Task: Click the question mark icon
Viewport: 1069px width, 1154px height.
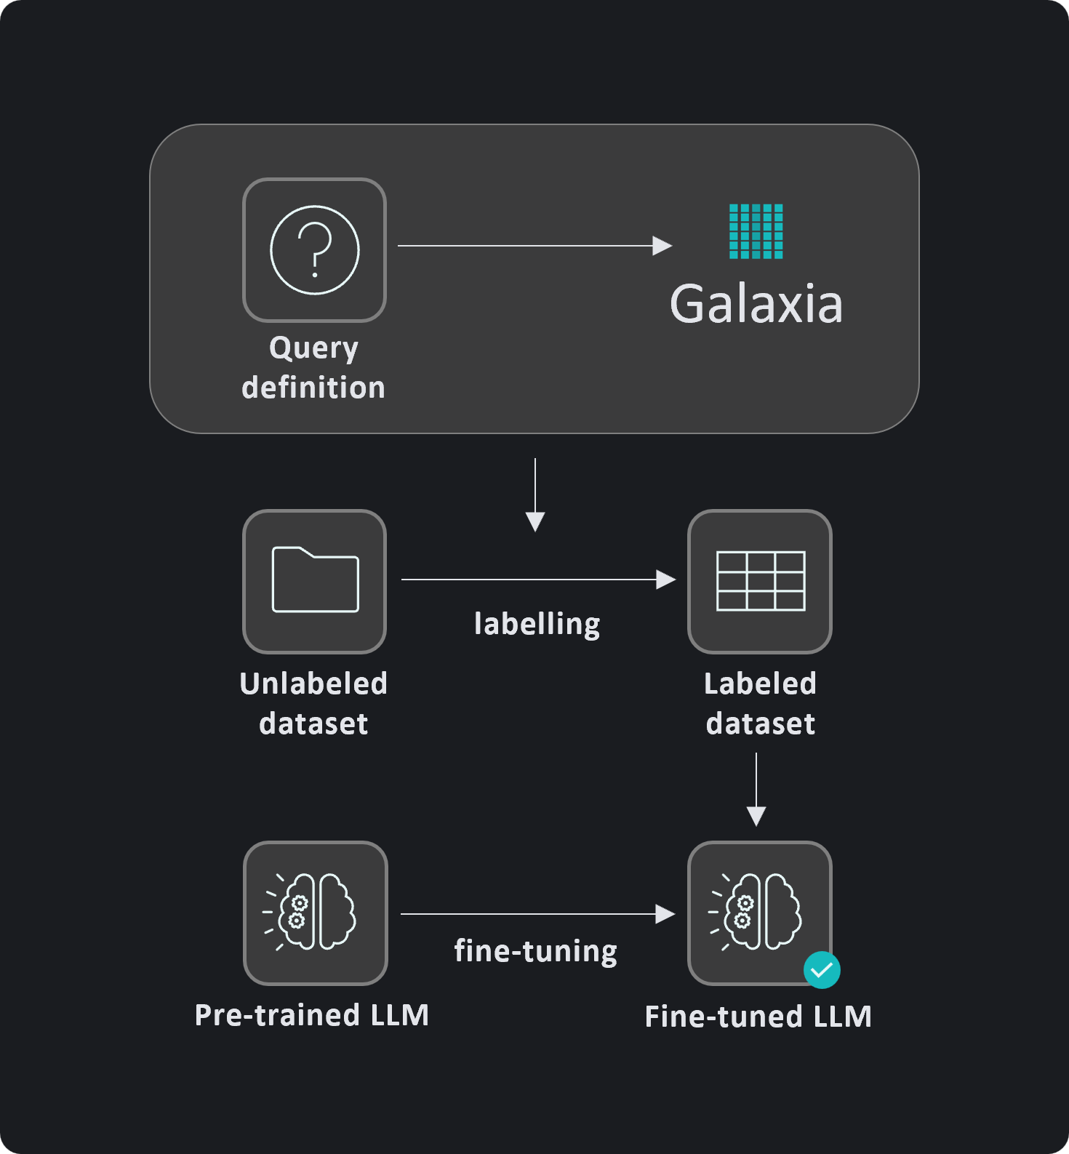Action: [314, 249]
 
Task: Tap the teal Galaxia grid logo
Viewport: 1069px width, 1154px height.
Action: [756, 231]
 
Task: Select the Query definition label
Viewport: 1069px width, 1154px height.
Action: [313, 367]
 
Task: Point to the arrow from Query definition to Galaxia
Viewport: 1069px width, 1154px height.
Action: [534, 246]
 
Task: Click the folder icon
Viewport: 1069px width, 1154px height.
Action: [315, 580]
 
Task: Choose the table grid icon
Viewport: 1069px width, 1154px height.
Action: [760, 581]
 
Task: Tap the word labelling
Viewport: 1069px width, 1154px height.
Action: [537, 624]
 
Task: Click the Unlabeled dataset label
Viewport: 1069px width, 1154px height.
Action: [313, 703]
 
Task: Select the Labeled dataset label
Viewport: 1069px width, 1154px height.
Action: [760, 703]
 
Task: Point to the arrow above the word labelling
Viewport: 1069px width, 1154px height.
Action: [538, 580]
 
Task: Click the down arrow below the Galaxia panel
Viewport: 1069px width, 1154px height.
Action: [535, 494]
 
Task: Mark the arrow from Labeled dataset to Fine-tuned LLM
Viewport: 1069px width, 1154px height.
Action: [756, 789]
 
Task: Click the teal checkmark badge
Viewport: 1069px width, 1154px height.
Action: [822, 970]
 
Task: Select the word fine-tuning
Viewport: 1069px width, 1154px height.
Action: [536, 951]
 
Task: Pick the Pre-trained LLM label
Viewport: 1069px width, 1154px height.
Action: [312, 1015]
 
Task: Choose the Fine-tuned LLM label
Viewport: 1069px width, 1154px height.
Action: [758, 1017]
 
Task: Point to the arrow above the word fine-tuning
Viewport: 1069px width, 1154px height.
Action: [537, 914]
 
